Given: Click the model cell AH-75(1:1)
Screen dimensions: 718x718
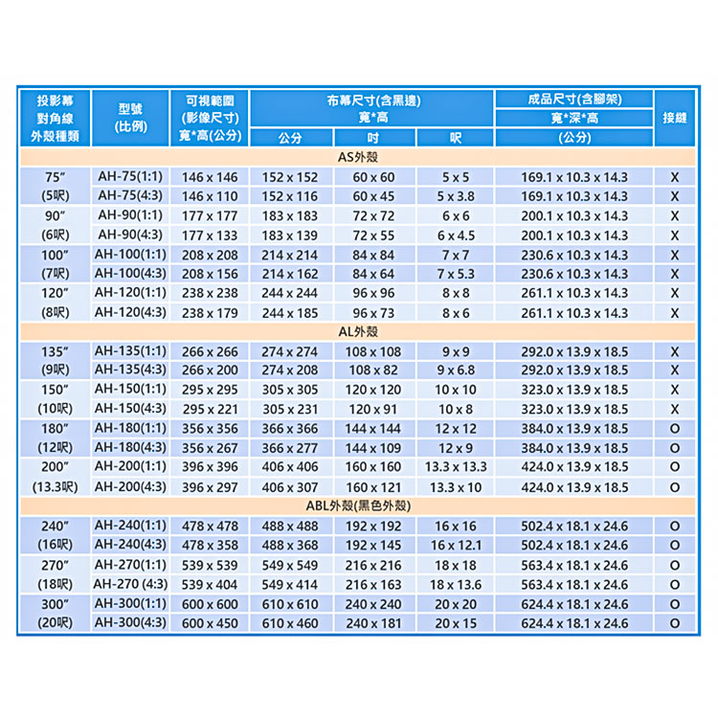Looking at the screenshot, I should click(x=130, y=176).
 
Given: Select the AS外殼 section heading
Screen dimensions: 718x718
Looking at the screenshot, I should click(x=359, y=156).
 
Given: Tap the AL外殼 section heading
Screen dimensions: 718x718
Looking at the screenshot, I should click(x=359, y=331).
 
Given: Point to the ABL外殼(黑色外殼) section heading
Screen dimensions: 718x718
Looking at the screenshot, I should click(x=359, y=506).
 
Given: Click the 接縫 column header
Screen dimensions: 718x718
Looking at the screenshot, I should click(x=675, y=118).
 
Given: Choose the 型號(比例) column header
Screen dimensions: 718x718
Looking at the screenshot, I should click(x=130, y=118).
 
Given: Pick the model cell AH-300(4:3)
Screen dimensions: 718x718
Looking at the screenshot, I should click(x=130, y=623).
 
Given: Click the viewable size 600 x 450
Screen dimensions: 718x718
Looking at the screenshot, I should click(x=210, y=623).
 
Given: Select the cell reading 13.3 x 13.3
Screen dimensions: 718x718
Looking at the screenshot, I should click(x=455, y=467).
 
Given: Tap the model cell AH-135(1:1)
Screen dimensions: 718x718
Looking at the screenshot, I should click(x=130, y=351).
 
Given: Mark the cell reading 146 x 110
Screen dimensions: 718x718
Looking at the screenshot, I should click(x=210, y=196).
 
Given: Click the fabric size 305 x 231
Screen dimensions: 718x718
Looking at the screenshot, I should click(x=289, y=410).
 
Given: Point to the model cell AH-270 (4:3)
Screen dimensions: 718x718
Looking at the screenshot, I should click(x=130, y=584).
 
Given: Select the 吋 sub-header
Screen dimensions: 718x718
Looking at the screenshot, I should click(x=373, y=137).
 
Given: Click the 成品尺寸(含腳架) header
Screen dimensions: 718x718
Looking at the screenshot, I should click(x=574, y=99).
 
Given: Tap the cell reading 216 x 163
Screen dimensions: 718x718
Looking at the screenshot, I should click(x=373, y=584).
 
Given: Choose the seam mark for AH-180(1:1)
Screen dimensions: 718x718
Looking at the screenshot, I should click(x=675, y=429).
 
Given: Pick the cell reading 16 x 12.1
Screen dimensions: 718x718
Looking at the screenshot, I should click(x=455, y=546).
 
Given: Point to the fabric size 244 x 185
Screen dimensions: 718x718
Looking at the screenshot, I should click(x=289, y=313).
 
